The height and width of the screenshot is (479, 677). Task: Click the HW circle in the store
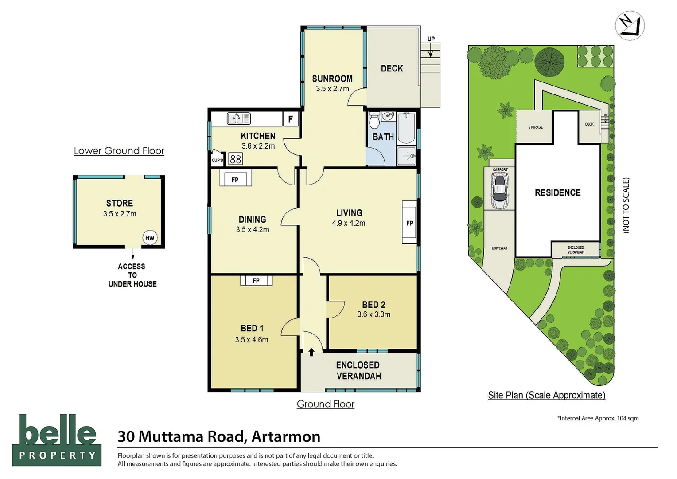tap(150, 238)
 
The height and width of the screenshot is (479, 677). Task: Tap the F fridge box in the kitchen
tap(291, 119)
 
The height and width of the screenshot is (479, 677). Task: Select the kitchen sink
tap(239, 118)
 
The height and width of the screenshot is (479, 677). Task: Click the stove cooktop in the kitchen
tap(236, 159)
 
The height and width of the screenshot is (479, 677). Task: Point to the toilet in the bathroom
tap(374, 121)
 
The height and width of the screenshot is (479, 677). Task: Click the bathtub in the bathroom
tap(406, 129)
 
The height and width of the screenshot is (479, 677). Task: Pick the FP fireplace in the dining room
tap(235, 179)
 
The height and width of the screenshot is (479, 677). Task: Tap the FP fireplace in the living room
tap(409, 223)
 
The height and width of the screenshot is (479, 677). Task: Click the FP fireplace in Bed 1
tap(256, 280)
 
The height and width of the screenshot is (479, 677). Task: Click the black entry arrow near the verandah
tap(311, 352)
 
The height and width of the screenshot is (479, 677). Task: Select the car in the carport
tap(499, 190)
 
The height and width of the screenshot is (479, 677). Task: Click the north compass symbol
tap(630, 26)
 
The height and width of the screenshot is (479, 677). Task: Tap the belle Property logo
tap(57, 440)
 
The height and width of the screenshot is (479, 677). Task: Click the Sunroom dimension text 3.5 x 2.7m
tap(332, 89)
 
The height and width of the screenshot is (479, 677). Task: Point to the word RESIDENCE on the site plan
tap(557, 192)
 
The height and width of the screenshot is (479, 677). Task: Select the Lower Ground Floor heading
tap(119, 151)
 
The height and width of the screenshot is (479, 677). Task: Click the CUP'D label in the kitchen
tap(217, 160)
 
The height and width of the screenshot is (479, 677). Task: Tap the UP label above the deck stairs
tap(431, 39)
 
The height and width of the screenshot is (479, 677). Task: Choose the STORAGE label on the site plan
tap(535, 127)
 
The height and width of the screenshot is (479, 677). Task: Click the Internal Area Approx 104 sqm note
tap(598, 418)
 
